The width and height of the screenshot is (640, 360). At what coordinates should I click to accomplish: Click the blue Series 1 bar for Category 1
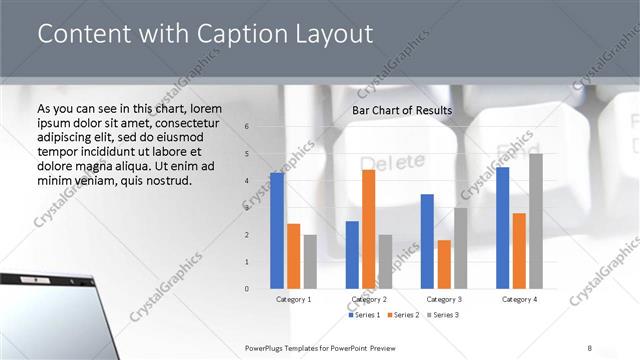277,231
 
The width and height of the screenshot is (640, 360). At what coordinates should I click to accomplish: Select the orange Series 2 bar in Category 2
368,229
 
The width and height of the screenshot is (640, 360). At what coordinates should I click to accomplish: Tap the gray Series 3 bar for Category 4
536,221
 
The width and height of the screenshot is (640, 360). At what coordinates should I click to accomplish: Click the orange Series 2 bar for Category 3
443,264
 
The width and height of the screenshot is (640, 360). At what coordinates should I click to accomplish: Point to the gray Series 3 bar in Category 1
310,262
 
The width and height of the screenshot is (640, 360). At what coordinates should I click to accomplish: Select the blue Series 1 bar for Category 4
502,228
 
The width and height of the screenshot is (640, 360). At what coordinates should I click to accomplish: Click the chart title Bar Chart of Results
402,110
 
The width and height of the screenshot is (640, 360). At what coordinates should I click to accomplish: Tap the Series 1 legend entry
363,315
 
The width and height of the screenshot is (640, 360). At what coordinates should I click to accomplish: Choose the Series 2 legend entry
402,315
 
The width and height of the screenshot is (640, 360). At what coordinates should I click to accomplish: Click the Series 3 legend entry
441,315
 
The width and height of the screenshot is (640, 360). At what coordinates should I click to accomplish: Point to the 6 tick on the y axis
247,127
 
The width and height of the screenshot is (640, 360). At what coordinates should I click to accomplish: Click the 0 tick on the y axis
247,289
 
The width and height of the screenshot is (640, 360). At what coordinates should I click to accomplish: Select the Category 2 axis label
368,299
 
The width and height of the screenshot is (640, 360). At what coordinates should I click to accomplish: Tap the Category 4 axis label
519,299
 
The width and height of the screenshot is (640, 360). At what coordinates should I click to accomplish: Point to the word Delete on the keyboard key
385,162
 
